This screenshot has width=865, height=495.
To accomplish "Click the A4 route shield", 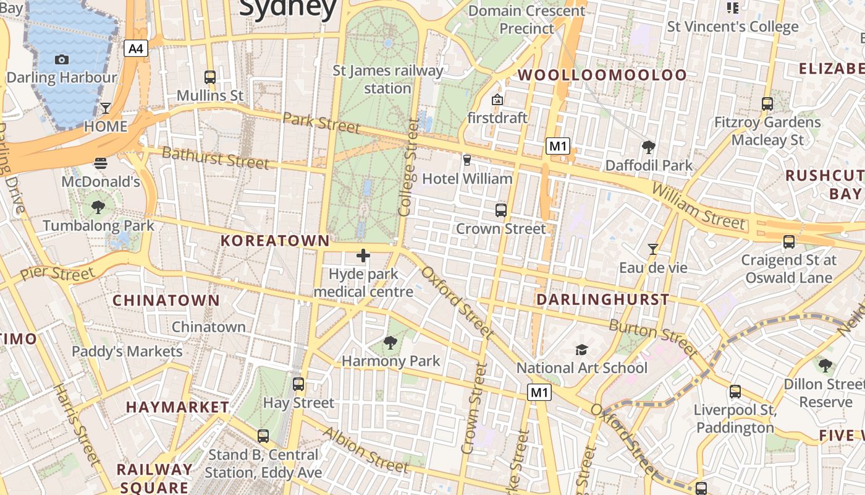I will [x=136, y=48].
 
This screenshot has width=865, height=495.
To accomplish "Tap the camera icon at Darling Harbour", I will [x=62, y=59].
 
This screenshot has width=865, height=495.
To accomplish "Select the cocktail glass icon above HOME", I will [x=106, y=108].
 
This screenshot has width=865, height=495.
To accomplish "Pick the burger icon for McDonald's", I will [x=101, y=163].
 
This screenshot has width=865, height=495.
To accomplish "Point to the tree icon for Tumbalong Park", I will [x=98, y=207].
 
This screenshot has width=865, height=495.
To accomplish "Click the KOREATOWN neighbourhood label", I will [x=276, y=241].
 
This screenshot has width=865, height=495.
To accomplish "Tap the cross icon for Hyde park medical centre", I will [x=363, y=255].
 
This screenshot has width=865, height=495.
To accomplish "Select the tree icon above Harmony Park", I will [x=390, y=342].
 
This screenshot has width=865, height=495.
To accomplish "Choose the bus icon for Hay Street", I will [x=298, y=384].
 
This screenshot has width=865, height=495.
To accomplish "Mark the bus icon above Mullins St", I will [x=210, y=77].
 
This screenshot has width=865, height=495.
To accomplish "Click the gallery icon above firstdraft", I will [x=497, y=99].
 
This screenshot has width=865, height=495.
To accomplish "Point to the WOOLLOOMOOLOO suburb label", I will [x=602, y=75].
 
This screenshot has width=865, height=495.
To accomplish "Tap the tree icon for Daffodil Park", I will [x=649, y=147].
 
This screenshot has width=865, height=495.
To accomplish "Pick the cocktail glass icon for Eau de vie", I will [x=652, y=249].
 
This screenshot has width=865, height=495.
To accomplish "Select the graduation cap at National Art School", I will [x=581, y=350].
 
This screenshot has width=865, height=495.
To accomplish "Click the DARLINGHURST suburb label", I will [x=602, y=300].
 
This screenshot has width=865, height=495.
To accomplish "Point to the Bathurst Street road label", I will [x=215, y=158].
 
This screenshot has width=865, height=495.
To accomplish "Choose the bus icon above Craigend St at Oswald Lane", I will [x=789, y=242].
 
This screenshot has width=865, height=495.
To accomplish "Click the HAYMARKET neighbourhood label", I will [x=177, y=407].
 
